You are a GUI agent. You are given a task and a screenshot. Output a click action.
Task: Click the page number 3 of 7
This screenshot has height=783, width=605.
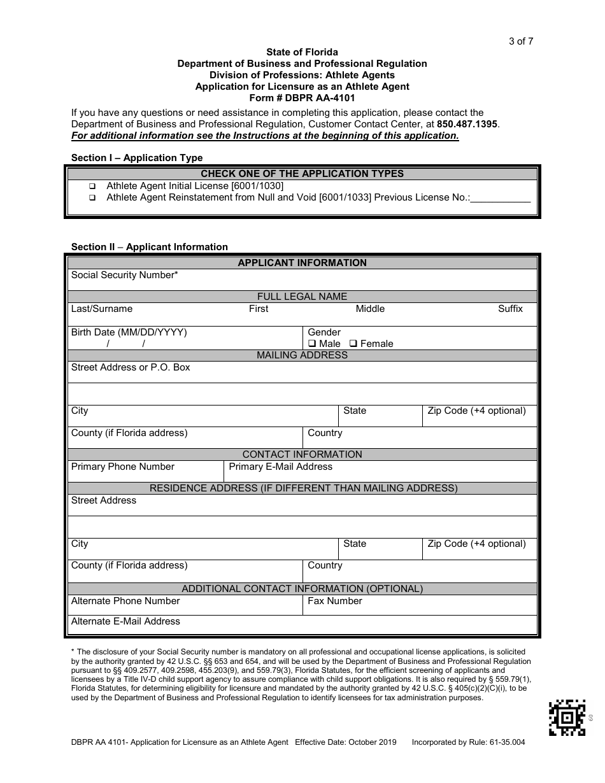coord(521,41)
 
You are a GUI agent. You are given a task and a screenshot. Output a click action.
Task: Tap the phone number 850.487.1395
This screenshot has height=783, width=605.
coord(467,124)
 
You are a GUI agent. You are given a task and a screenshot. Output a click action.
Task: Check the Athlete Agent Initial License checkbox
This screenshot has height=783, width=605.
coord(92,187)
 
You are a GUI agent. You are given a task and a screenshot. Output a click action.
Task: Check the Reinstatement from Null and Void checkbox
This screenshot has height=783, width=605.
coord(92,198)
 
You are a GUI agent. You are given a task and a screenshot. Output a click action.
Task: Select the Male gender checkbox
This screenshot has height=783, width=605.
coord(312,344)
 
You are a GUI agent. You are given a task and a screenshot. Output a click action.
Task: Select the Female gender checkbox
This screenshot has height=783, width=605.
coord(353,344)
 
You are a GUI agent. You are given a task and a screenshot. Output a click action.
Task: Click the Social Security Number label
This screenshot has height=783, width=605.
coord(124,275)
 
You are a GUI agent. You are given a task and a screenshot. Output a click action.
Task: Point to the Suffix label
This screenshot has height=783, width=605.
coord(510,309)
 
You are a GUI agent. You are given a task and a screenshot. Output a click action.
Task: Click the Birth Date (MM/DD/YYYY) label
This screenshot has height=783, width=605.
coord(129,332)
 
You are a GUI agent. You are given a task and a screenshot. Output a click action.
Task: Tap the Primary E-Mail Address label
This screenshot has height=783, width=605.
coord(280,467)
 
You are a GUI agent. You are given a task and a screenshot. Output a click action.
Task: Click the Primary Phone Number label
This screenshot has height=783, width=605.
coord(122,467)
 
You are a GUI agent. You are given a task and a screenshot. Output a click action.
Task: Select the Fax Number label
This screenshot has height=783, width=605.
coord(334,601)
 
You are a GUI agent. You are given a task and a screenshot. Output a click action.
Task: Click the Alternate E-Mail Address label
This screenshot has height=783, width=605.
coord(125,621)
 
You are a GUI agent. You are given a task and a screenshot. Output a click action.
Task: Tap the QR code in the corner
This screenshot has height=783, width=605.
coord(567,717)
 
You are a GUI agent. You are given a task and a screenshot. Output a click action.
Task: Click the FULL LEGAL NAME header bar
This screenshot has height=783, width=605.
coord(302,296)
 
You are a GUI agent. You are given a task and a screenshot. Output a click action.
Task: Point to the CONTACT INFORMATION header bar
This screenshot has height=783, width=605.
coord(302,455)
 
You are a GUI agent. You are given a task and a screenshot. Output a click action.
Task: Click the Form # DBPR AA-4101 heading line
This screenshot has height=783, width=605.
coord(302,98)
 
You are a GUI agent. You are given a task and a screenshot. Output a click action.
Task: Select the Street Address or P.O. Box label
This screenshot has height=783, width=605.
coord(131,367)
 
